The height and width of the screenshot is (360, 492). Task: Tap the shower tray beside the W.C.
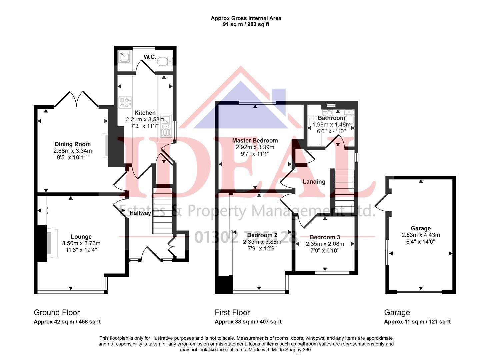click(x=124, y=57)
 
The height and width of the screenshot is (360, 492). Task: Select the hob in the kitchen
click(x=125, y=102)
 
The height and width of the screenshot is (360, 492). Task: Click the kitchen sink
click(x=166, y=126)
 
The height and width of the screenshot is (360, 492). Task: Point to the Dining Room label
click(x=72, y=144)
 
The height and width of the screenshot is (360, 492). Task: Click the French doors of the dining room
click(x=76, y=99)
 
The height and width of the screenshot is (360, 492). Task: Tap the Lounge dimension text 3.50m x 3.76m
click(x=81, y=243)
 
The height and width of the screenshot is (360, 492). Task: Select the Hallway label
click(x=140, y=213)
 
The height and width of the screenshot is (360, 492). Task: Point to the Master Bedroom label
click(x=255, y=140)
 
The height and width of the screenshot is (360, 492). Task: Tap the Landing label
click(x=314, y=182)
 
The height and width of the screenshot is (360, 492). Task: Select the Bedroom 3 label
click(x=325, y=237)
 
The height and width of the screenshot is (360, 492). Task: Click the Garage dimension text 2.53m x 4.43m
click(x=421, y=235)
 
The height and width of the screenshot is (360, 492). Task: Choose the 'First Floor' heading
click(x=232, y=313)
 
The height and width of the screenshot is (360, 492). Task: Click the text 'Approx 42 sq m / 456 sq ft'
click(x=67, y=322)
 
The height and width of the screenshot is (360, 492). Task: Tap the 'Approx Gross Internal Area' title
click(x=246, y=18)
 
